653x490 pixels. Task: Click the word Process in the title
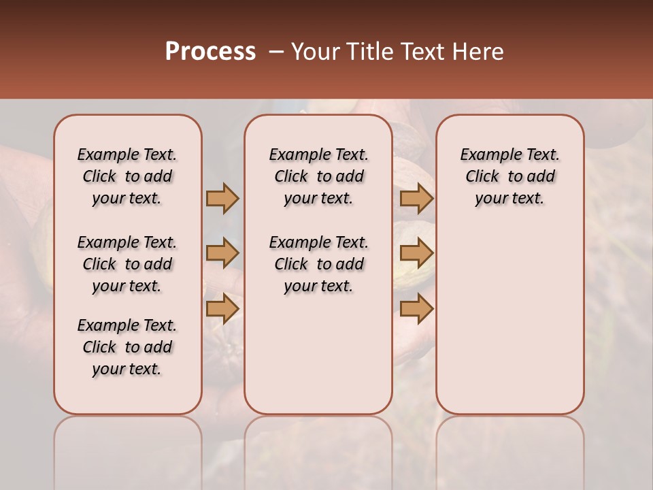(210, 52)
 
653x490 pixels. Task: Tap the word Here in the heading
(479, 52)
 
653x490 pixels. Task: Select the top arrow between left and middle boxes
(222, 199)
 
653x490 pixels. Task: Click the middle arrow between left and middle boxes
(222, 254)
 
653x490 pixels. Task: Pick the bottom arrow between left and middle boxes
(222, 308)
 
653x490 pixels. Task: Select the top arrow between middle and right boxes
(416, 199)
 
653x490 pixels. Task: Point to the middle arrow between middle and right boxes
(416, 254)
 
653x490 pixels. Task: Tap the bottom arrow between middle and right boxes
(416, 308)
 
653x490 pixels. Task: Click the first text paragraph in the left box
(127, 176)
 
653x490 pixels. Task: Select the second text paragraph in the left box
(127, 264)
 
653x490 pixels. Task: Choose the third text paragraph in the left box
(127, 347)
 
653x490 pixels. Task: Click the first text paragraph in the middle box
(318, 176)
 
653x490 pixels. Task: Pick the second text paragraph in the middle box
(318, 264)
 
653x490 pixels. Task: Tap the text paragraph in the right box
(509, 176)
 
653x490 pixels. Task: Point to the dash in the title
(276, 52)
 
